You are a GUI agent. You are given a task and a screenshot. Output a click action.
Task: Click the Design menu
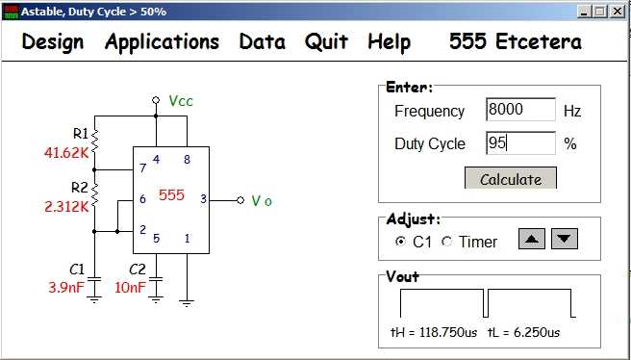tap(53, 42)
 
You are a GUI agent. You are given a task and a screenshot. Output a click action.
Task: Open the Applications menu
tap(162, 42)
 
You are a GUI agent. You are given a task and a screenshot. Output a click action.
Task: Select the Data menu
tap(262, 42)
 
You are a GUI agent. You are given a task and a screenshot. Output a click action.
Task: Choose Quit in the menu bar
tap(326, 42)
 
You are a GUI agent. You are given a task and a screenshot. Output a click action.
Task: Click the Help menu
tap(390, 42)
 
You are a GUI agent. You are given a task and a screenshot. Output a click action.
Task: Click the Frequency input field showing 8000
tap(520, 110)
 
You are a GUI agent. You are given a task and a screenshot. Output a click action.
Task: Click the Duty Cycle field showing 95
tap(520, 143)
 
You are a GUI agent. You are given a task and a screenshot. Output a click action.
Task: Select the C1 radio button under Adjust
tap(400, 242)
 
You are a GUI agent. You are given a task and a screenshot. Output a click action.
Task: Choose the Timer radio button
tap(446, 242)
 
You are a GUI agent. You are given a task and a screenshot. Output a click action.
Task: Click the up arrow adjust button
tap(532, 239)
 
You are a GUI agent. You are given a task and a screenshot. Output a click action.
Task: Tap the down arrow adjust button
tap(565, 239)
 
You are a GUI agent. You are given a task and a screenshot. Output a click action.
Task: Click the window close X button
tap(617, 12)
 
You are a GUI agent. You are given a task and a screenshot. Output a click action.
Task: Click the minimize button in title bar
tap(585, 12)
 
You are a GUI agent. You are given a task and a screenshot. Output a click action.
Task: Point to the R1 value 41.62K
tap(66, 153)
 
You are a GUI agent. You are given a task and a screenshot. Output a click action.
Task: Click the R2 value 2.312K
tap(66, 207)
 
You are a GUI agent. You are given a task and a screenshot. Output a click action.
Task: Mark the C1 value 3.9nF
tap(66, 288)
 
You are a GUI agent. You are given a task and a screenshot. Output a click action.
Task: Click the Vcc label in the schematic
tap(181, 101)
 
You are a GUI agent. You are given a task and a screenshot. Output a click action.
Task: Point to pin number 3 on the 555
tap(203, 199)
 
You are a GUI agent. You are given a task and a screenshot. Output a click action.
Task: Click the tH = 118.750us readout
tap(434, 333)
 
